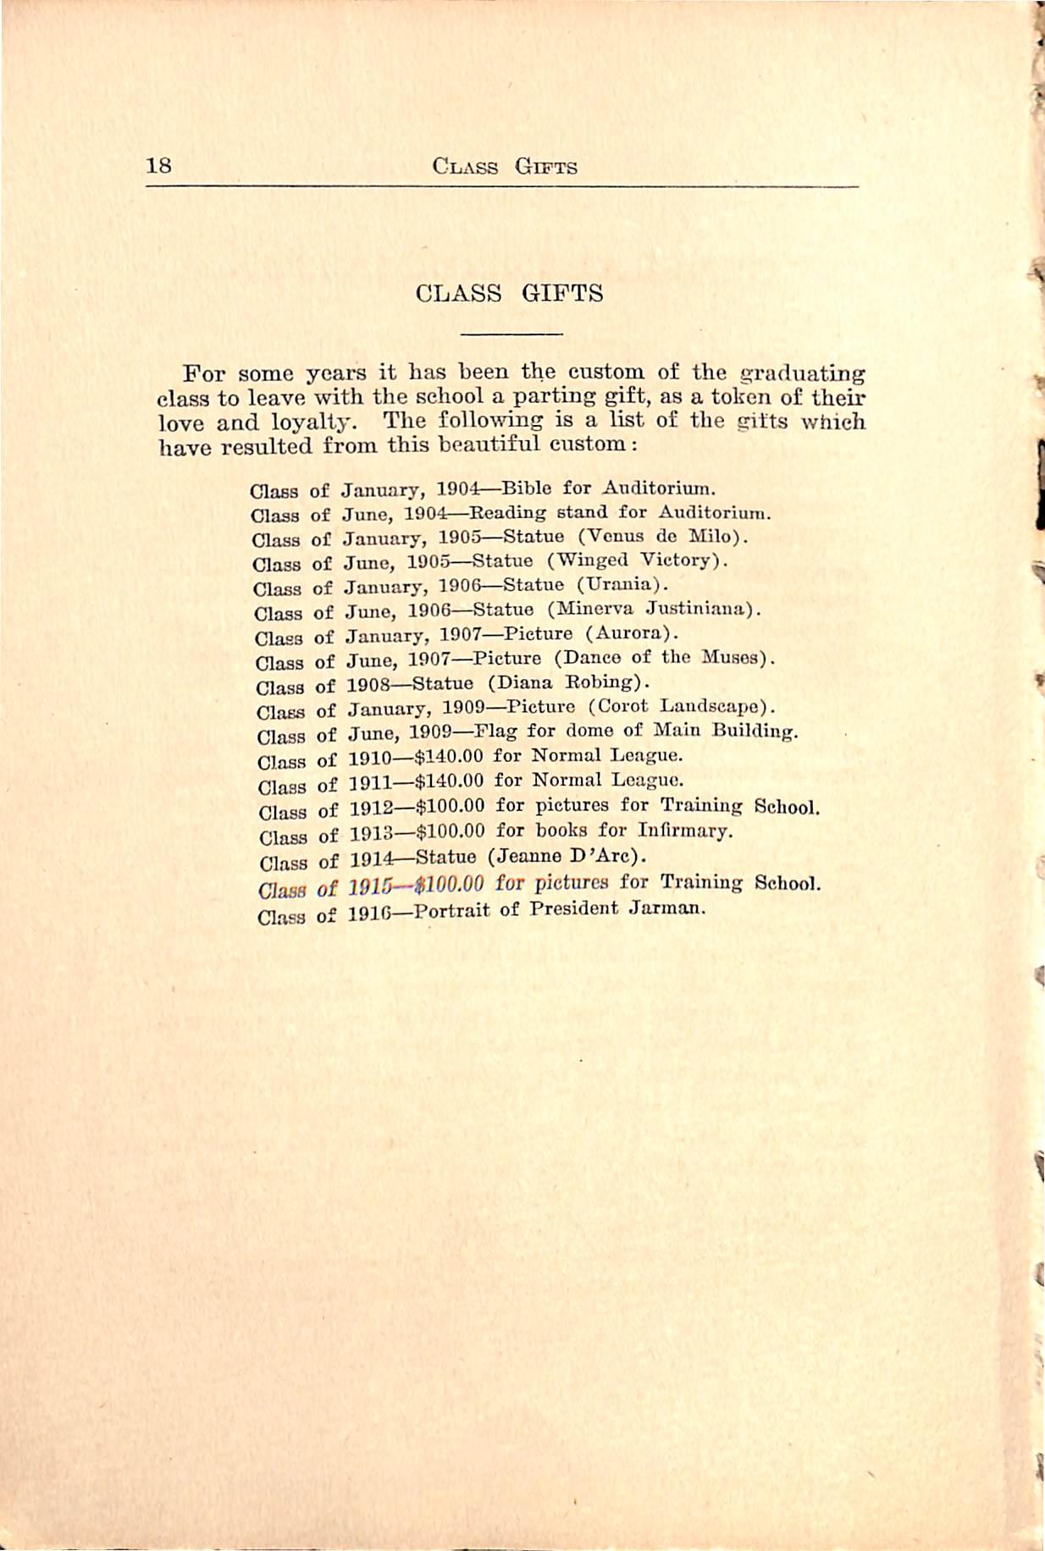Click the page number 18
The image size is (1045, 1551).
158,165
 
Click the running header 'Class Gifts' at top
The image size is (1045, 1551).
505,167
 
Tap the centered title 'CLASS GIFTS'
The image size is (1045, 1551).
510,294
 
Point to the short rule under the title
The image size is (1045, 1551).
511,335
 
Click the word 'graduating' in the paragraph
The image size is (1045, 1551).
802,373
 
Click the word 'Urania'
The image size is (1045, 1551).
622,584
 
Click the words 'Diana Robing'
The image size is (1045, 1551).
567,682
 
